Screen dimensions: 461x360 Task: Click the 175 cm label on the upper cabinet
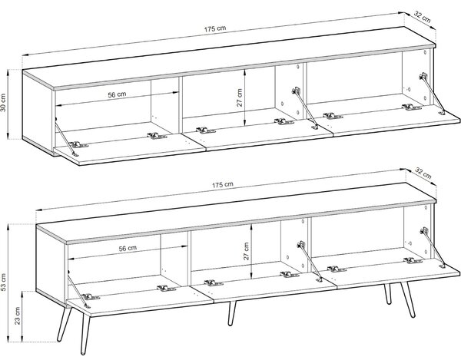click(x=215, y=28)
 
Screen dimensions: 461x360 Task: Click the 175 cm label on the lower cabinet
click(x=223, y=185)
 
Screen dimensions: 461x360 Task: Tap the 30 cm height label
click(x=3, y=103)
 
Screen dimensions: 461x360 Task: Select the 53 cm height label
click(x=3, y=282)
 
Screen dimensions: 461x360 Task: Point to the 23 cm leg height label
click(x=18, y=315)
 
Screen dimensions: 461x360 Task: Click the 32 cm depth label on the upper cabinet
click(x=423, y=18)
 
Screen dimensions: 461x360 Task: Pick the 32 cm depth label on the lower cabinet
click(x=423, y=173)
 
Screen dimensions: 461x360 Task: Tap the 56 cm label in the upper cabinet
click(x=117, y=94)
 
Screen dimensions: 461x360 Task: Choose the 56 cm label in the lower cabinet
click(x=128, y=249)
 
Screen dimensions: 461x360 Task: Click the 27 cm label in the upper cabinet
click(x=240, y=97)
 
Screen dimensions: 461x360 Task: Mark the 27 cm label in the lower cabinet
click(x=246, y=251)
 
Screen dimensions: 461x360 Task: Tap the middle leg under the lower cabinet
click(x=231, y=314)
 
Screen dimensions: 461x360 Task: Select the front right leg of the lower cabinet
click(x=409, y=299)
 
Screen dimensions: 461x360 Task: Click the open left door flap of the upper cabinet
click(x=129, y=149)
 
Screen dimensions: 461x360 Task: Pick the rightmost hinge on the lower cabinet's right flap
click(x=413, y=260)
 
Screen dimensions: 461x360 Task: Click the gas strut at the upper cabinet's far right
click(x=432, y=94)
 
